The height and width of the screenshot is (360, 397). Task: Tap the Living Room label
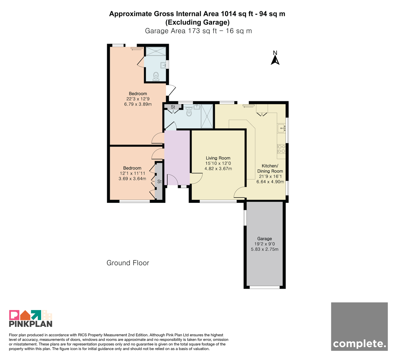pyautogui.click(x=218, y=158)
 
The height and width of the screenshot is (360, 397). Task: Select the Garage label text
pyautogui.click(x=265, y=239)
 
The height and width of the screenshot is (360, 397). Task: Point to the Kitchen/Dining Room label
pyautogui.click(x=270, y=168)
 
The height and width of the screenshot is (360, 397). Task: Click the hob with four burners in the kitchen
pyautogui.click(x=281, y=149)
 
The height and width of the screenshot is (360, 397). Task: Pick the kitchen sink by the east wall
pyautogui.click(x=282, y=128)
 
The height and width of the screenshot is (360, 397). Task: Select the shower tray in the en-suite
pyautogui.click(x=156, y=52)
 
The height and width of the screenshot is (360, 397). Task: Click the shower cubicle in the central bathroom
pyautogui.click(x=207, y=116)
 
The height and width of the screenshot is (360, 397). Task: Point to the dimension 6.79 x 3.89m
pyautogui.click(x=138, y=104)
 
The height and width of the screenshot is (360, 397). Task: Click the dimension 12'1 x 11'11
pyautogui.click(x=132, y=173)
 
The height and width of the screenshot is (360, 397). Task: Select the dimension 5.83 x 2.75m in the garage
pyautogui.click(x=265, y=249)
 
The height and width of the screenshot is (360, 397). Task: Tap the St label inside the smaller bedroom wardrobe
pyautogui.click(x=159, y=181)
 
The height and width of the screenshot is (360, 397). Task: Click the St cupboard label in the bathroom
pyautogui.click(x=173, y=107)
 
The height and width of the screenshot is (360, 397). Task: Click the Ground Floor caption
pyautogui.click(x=128, y=263)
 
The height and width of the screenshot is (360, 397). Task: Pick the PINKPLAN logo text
pyautogui.click(x=31, y=324)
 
